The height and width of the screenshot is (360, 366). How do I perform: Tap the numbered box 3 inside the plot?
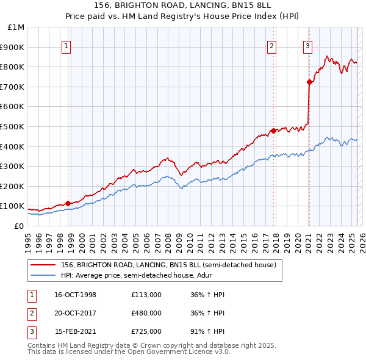(308, 45)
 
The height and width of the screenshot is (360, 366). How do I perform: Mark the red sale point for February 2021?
(309, 82)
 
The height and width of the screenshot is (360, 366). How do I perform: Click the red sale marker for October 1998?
(68, 203)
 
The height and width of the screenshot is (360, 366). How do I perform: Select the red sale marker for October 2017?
(273, 130)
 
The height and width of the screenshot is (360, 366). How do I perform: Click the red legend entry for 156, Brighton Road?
(168, 265)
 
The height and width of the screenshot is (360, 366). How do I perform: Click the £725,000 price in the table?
(146, 331)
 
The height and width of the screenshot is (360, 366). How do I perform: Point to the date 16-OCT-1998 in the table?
(75, 295)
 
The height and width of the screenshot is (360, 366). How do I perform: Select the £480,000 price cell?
(146, 313)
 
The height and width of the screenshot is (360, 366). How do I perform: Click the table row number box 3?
(31, 331)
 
